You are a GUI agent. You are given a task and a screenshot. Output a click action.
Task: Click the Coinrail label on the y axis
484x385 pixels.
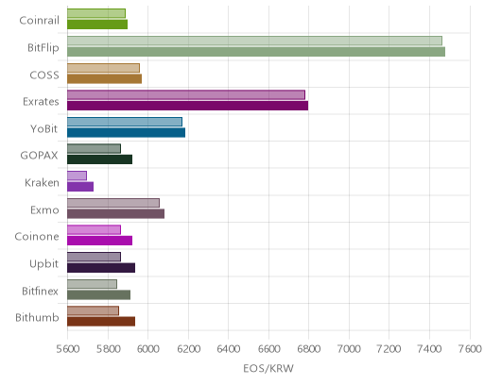pyautogui.click(x=39, y=21)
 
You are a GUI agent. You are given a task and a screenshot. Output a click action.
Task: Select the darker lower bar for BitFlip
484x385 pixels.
pyautogui.click(x=256, y=52)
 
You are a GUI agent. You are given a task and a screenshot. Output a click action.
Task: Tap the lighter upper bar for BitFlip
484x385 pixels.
pyautogui.click(x=254, y=41)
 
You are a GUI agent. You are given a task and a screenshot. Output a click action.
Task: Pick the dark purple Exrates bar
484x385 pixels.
pyautogui.click(x=187, y=106)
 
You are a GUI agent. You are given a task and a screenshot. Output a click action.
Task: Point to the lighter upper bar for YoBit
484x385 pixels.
pyautogui.click(x=125, y=122)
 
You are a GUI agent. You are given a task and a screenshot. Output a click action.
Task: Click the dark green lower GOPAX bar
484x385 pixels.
pyautogui.click(x=99, y=159)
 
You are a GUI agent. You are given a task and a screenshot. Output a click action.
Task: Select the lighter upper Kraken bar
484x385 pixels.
pyautogui.click(x=77, y=176)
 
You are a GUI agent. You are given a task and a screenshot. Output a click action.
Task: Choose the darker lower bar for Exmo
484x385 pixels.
pyautogui.click(x=115, y=214)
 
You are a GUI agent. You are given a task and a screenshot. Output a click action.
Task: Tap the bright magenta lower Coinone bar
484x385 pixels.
pyautogui.click(x=99, y=241)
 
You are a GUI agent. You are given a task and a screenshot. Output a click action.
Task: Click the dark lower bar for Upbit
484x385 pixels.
pyautogui.click(x=101, y=268)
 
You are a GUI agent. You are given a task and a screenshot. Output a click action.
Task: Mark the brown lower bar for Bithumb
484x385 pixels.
pyautogui.click(x=101, y=322)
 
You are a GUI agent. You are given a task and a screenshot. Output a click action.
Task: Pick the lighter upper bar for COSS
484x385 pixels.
pyautogui.click(x=103, y=68)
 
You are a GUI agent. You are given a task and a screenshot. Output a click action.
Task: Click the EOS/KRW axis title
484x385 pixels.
pyautogui.click(x=268, y=368)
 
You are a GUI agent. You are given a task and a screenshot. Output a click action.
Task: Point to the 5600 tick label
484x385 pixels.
pyautogui.click(x=68, y=349)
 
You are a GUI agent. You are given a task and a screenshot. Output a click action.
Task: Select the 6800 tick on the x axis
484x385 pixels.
pyautogui.click(x=309, y=349)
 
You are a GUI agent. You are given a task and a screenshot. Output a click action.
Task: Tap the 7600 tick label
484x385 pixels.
pyautogui.click(x=470, y=349)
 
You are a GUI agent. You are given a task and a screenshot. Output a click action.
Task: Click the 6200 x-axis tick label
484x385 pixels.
pyautogui.click(x=188, y=349)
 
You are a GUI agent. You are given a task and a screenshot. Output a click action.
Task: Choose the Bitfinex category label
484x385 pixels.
pyautogui.click(x=40, y=292)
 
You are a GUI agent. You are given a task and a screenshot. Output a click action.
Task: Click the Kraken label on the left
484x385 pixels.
pyautogui.click(x=42, y=183)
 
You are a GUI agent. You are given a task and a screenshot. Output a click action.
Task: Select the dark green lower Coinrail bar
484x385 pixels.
pyautogui.click(x=97, y=25)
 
